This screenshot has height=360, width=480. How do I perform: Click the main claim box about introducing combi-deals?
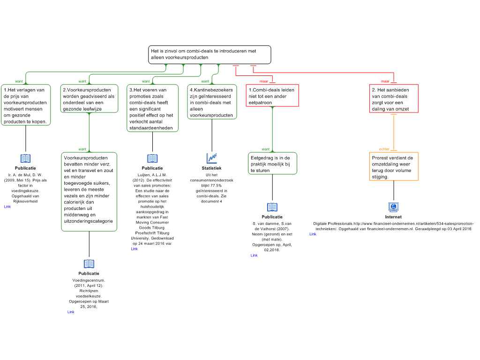coord(210,54)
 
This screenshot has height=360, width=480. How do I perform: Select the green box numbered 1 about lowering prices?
coord(26,105)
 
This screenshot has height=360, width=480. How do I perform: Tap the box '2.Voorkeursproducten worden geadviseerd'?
coord(89,99)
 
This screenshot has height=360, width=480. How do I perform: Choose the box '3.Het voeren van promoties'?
coord(152,108)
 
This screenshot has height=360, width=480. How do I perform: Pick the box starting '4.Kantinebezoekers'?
coord(212,102)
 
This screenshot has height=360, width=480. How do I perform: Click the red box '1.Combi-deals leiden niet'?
coord(272,96)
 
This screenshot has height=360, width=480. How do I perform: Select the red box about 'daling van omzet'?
coord(394,99)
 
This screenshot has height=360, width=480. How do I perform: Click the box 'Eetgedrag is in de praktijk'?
coord(272,164)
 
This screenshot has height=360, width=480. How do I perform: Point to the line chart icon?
coord(212,158)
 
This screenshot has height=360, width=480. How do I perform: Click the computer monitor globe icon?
coord(394,207)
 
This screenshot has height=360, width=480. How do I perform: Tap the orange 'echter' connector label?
coord(384,149)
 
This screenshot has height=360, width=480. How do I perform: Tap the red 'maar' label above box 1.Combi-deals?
coord(264,81)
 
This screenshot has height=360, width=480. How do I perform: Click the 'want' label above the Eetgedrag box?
coord(266,149)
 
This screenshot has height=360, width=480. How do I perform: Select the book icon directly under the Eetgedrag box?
coord(272,207)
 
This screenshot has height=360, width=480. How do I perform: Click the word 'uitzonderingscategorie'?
coord(89,221)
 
